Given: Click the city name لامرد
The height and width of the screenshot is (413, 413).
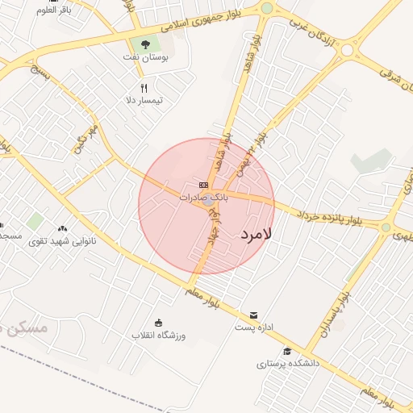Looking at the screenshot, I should [x=257, y=234].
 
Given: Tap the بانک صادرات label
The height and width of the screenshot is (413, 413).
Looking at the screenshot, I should [x=204, y=196].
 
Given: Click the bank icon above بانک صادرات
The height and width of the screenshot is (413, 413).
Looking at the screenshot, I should [x=202, y=185].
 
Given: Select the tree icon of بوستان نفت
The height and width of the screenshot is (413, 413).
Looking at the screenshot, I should [x=145, y=44].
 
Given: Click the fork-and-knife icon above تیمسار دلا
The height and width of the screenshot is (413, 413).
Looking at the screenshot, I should [x=144, y=88].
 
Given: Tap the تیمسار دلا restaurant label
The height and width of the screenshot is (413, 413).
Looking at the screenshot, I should [x=144, y=100].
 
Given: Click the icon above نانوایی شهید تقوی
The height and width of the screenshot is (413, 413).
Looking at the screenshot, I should [x=62, y=228].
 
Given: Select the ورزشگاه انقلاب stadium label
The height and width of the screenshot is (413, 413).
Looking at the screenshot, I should [x=159, y=335].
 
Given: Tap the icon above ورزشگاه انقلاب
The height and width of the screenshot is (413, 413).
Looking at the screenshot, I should [x=158, y=323].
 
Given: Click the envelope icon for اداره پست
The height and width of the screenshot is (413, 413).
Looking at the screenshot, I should [x=254, y=315].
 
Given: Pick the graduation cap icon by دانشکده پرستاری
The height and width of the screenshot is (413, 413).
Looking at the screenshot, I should [x=287, y=352].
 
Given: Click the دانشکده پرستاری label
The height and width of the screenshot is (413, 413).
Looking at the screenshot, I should [x=289, y=364].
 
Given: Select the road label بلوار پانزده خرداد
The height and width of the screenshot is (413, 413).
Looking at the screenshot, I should [x=329, y=215].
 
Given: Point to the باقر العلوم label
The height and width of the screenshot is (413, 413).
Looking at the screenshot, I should [x=54, y=10].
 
